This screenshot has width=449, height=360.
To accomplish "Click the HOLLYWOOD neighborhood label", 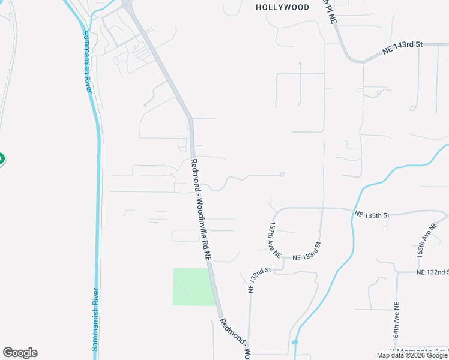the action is click(x=282, y=8).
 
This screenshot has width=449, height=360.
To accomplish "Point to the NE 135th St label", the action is click(x=372, y=214).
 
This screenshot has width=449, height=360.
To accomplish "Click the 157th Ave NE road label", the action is click(x=273, y=238).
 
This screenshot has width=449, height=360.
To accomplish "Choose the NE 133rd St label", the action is click(x=307, y=253).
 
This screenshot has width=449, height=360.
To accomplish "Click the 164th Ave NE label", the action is click(x=396, y=326).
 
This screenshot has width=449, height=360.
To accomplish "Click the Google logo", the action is click(x=20, y=353).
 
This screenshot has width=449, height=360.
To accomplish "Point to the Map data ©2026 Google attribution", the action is click(x=412, y=356).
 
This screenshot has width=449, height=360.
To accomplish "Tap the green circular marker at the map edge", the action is click(x=1, y=159).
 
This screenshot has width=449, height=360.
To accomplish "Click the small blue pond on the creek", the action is click(x=294, y=342).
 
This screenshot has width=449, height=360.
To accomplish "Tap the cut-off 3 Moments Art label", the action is click(x=418, y=351).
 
